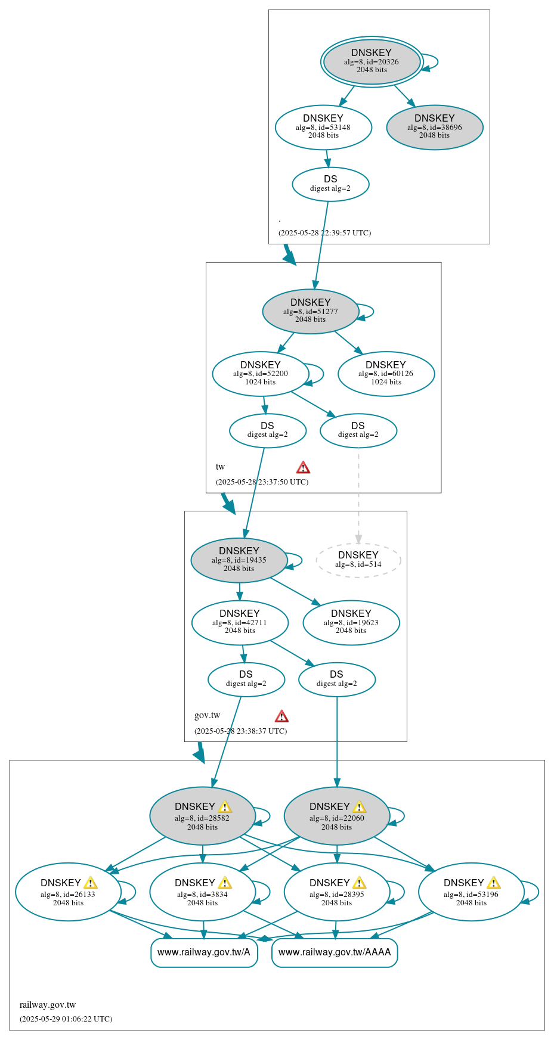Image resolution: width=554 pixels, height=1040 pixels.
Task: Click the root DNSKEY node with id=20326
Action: [x=372, y=61]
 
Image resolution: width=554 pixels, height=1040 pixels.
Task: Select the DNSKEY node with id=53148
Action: [x=323, y=127]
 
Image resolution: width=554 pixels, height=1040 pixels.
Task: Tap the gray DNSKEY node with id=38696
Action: [x=434, y=127]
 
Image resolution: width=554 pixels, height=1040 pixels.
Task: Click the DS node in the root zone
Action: [x=330, y=184]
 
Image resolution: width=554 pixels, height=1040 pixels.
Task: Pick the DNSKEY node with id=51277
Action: [x=310, y=311]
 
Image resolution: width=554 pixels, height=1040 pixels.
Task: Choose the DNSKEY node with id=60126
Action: [x=386, y=374]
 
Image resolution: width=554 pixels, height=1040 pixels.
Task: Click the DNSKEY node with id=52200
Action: [x=261, y=374]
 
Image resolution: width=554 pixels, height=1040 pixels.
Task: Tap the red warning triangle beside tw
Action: [x=303, y=467]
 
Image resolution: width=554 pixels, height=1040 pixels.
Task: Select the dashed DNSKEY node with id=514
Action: [x=358, y=560]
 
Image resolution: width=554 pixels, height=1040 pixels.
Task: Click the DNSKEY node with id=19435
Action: [x=239, y=560]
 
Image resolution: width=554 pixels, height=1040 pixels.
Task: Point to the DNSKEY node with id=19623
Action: [x=351, y=622]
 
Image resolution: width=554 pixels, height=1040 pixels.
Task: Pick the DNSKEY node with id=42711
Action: [x=240, y=622]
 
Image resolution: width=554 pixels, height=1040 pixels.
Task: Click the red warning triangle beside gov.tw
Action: [x=281, y=716]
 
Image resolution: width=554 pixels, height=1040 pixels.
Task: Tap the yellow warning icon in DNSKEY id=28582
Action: [x=225, y=807]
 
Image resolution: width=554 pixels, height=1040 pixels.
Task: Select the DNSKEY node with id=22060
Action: [x=336, y=816]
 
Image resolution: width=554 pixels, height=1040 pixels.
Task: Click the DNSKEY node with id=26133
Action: [x=67, y=892]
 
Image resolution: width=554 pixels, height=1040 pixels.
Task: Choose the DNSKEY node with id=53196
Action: [x=471, y=892]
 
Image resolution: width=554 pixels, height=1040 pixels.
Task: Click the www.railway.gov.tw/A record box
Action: [x=204, y=952]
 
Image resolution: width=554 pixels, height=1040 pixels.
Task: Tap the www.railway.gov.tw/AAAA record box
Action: [x=334, y=952]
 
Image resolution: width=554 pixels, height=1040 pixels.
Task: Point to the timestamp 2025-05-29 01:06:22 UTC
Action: [x=66, y=1019]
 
